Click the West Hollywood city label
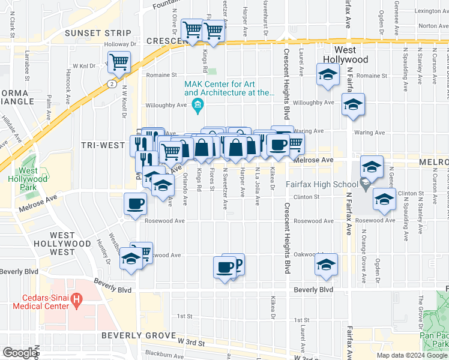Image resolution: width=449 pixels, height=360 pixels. (351, 55)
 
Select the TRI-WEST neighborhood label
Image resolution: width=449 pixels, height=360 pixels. (103, 145)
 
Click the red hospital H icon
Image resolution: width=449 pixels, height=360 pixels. (76, 298)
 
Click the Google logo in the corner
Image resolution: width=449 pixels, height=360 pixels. (20, 353)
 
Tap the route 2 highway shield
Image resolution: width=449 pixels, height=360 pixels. (112, 84)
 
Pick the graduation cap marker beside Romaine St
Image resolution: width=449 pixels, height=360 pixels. (328, 75)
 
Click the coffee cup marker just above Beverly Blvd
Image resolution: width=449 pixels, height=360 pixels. (224, 267)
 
